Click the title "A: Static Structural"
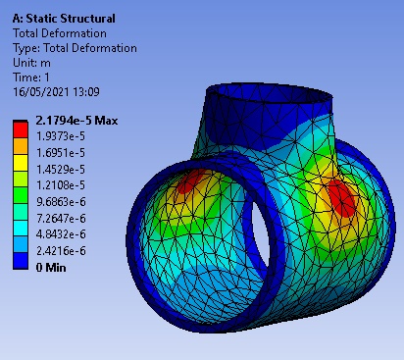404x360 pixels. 64,19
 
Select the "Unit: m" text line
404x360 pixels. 31,63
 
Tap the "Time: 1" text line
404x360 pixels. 31,77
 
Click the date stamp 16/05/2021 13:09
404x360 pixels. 56,91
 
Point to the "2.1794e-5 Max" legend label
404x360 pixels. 76,121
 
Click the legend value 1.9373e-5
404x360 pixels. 61,136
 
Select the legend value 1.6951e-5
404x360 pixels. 61,153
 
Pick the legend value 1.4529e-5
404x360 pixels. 61,169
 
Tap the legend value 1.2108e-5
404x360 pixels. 61,185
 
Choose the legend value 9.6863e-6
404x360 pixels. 61,202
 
